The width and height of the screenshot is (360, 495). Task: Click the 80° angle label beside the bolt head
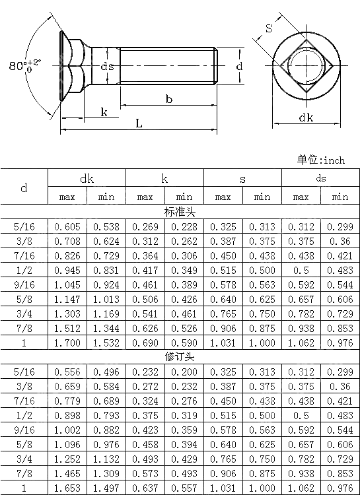click(x=22, y=66)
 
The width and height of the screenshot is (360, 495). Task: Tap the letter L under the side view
click(x=138, y=123)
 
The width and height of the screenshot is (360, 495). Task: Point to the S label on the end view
click(x=269, y=28)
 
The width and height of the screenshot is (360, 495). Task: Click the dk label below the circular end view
click(x=306, y=117)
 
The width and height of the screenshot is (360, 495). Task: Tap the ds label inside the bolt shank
click(x=107, y=66)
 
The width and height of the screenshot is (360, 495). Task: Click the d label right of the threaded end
click(x=239, y=66)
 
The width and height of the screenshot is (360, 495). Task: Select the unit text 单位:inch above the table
click(x=320, y=160)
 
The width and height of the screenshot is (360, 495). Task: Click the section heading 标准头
click(x=180, y=212)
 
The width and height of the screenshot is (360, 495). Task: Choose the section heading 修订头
click(x=180, y=356)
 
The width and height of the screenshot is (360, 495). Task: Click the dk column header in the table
click(x=87, y=178)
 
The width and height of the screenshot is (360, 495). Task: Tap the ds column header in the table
click(x=320, y=178)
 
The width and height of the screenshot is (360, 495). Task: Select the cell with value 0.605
click(x=67, y=226)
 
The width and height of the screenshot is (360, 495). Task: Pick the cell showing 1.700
click(x=67, y=343)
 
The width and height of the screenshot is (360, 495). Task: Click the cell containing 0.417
click(x=145, y=270)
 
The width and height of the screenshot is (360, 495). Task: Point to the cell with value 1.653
click(x=67, y=487)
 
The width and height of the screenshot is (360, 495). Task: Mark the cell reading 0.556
click(x=67, y=372)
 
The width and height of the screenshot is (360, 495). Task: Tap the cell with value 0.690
click(x=145, y=343)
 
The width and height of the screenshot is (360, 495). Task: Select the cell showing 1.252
click(x=67, y=458)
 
